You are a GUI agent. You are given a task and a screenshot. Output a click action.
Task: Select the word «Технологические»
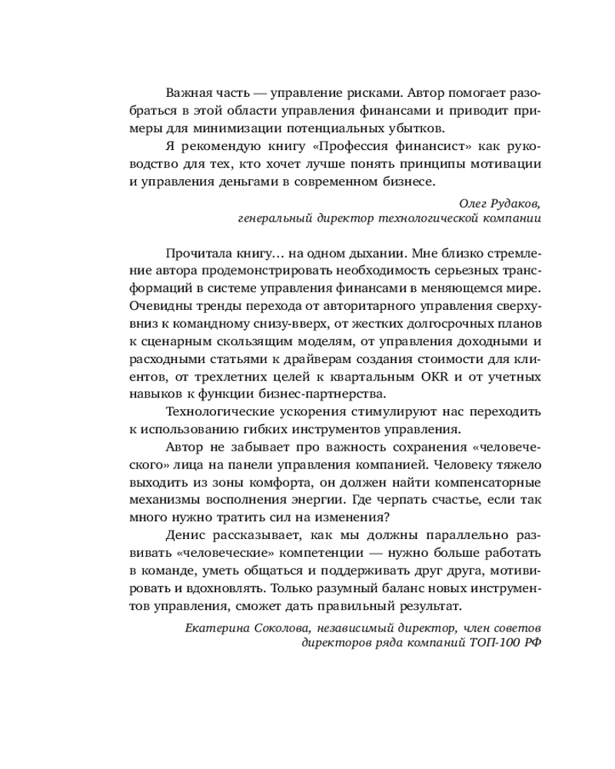pos(216,412)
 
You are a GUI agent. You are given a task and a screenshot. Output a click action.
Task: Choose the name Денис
pos(184,536)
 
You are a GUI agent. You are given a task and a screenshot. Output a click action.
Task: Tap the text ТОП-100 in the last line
pos(495,644)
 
